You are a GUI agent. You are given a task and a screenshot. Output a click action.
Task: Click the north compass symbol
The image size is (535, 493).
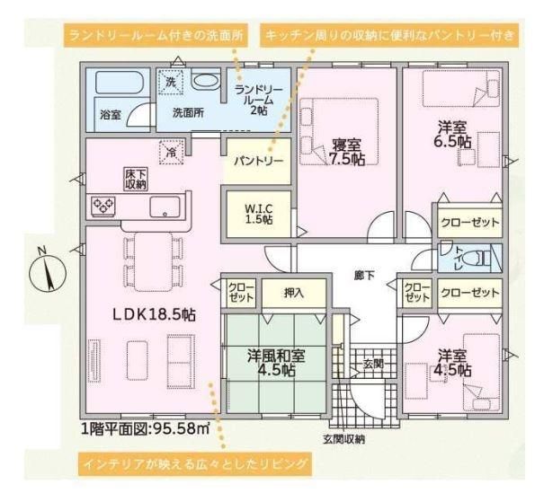[48, 272]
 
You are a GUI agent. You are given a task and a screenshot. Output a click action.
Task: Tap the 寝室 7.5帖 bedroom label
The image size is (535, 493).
[347, 153]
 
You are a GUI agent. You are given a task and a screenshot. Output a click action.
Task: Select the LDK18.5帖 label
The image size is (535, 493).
[155, 315]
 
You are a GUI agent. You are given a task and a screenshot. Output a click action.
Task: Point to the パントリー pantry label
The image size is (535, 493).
[259, 161]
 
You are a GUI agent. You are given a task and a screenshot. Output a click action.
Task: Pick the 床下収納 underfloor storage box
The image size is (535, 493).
[135, 179]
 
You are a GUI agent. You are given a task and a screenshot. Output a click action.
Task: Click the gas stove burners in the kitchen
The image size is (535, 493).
[103, 207]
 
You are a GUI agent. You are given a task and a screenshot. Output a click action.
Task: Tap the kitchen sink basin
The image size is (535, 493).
[165, 207]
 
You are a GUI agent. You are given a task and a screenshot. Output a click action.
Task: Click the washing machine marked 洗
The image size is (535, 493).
[171, 82]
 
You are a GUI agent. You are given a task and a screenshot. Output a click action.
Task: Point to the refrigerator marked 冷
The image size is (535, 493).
[172, 153]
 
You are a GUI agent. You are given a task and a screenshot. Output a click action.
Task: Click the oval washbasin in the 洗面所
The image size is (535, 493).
[205, 81]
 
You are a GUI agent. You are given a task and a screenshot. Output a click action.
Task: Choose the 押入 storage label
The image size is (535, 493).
[294, 293]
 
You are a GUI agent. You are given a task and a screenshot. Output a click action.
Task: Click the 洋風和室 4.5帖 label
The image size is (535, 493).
[276, 363]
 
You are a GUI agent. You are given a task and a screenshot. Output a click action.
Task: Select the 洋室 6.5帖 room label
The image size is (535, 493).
[452, 135]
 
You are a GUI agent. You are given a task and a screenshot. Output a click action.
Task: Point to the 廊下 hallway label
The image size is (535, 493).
[364, 276]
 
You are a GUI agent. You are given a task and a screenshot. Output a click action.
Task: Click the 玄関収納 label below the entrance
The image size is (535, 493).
[343, 439]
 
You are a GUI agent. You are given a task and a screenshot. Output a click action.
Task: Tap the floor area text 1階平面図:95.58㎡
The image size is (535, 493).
[146, 428]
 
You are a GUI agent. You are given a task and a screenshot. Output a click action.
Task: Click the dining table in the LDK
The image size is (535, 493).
[153, 261]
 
